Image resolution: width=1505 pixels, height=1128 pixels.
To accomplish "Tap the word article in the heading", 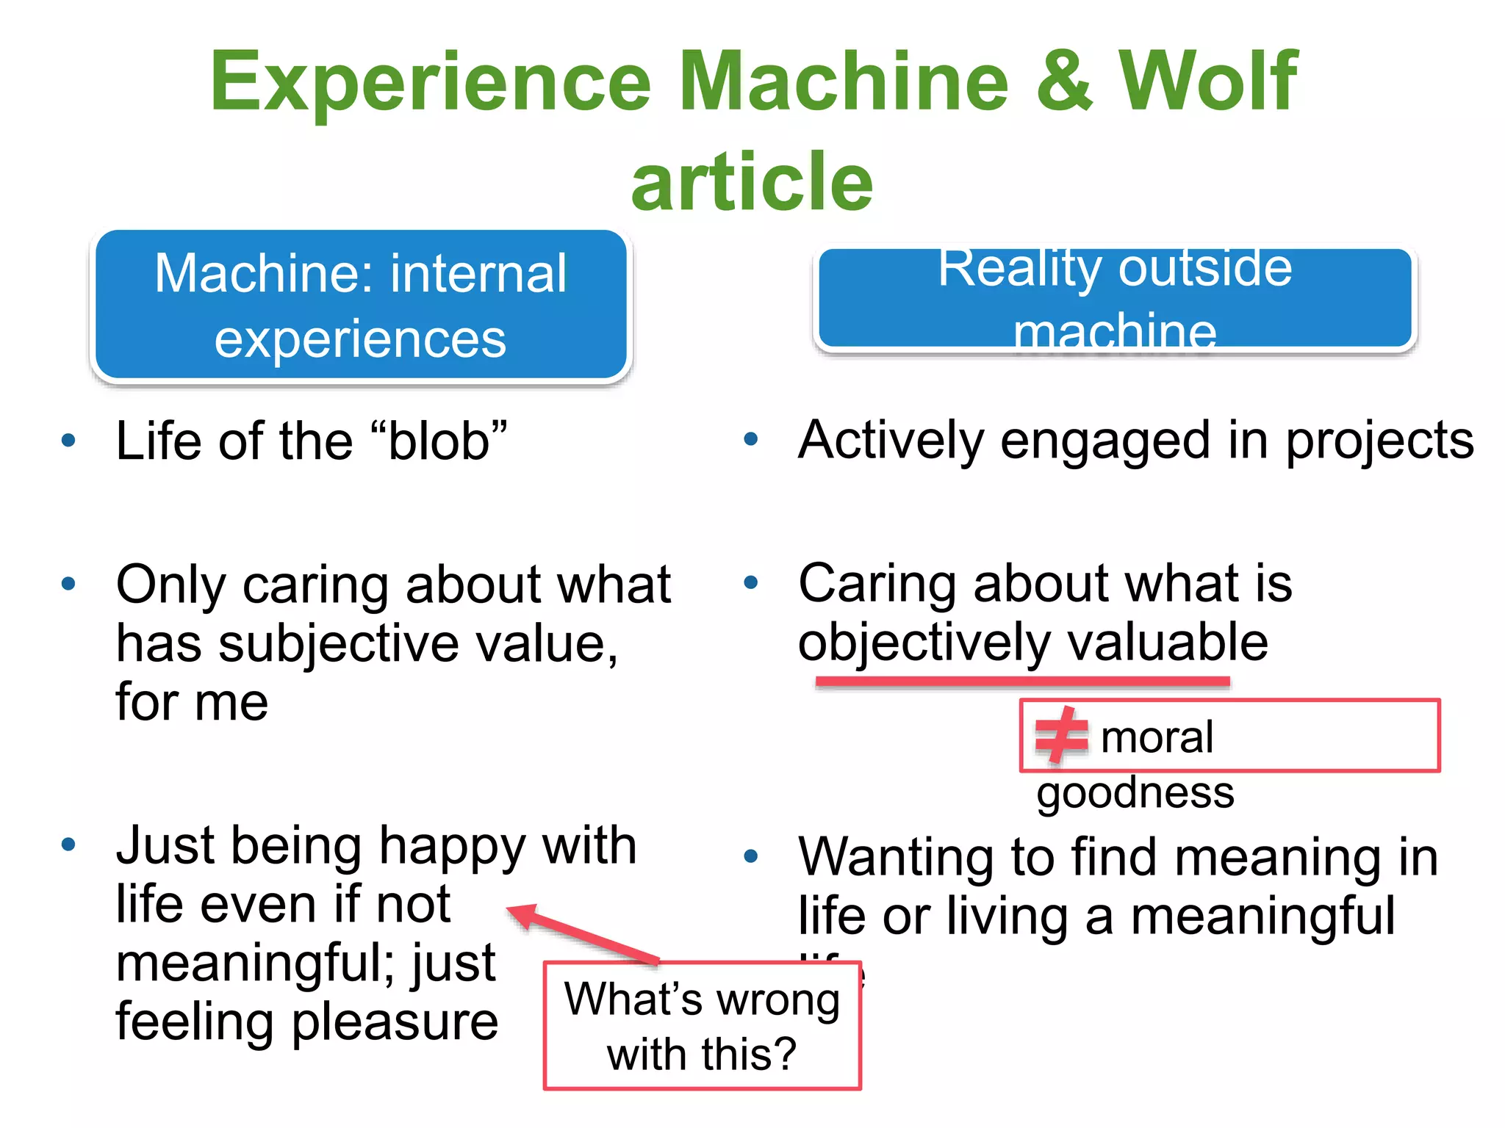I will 752,182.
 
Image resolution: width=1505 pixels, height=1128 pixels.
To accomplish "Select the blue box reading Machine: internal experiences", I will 361,305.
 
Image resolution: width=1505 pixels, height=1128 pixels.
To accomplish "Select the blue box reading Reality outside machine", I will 1115,297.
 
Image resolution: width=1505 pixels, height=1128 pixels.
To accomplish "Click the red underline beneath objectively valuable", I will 1022,681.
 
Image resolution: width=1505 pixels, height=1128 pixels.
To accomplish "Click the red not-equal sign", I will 1060,735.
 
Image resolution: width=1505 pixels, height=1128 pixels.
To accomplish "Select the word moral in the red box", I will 1157,737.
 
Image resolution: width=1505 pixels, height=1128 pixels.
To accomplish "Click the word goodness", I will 1135,793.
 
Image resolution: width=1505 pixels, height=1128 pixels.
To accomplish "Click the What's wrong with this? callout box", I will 702,1026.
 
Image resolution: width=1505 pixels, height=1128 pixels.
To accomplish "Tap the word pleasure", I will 395,1022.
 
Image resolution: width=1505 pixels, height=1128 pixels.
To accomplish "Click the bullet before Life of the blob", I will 68,441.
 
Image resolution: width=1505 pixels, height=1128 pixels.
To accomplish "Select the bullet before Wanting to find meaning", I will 750,856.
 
